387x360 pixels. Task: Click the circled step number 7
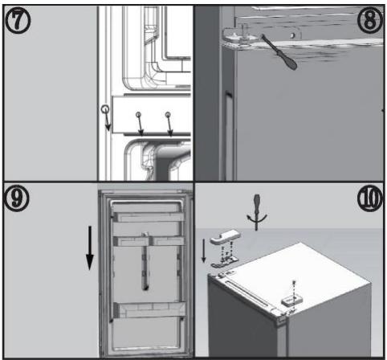pyautogui.click(x=18, y=21)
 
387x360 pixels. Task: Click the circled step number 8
pyautogui.click(x=370, y=20)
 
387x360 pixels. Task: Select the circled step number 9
pyautogui.click(x=16, y=198)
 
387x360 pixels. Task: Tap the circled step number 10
pyautogui.click(x=370, y=198)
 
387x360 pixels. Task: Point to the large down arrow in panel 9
pyautogui.click(x=90, y=248)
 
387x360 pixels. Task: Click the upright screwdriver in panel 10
pyautogui.click(x=257, y=211)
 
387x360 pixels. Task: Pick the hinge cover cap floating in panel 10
pyautogui.click(x=225, y=236)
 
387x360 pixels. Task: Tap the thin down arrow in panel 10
pyautogui.click(x=204, y=251)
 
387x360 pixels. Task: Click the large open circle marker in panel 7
pyautogui.click(x=105, y=109)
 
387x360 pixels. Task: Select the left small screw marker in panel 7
pyautogui.click(x=138, y=115)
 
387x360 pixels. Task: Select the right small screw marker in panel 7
pyautogui.click(x=168, y=115)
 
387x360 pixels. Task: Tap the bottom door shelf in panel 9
pyautogui.click(x=149, y=310)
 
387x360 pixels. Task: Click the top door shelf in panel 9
pyautogui.click(x=149, y=217)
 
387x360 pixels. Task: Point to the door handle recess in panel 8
pyautogui.click(x=228, y=135)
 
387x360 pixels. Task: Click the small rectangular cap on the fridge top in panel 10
pyautogui.click(x=291, y=301)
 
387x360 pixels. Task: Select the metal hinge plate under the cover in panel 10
pyautogui.click(x=225, y=262)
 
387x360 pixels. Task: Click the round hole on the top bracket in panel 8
pyautogui.click(x=293, y=35)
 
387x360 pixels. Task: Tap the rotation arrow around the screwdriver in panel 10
pyautogui.click(x=257, y=218)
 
